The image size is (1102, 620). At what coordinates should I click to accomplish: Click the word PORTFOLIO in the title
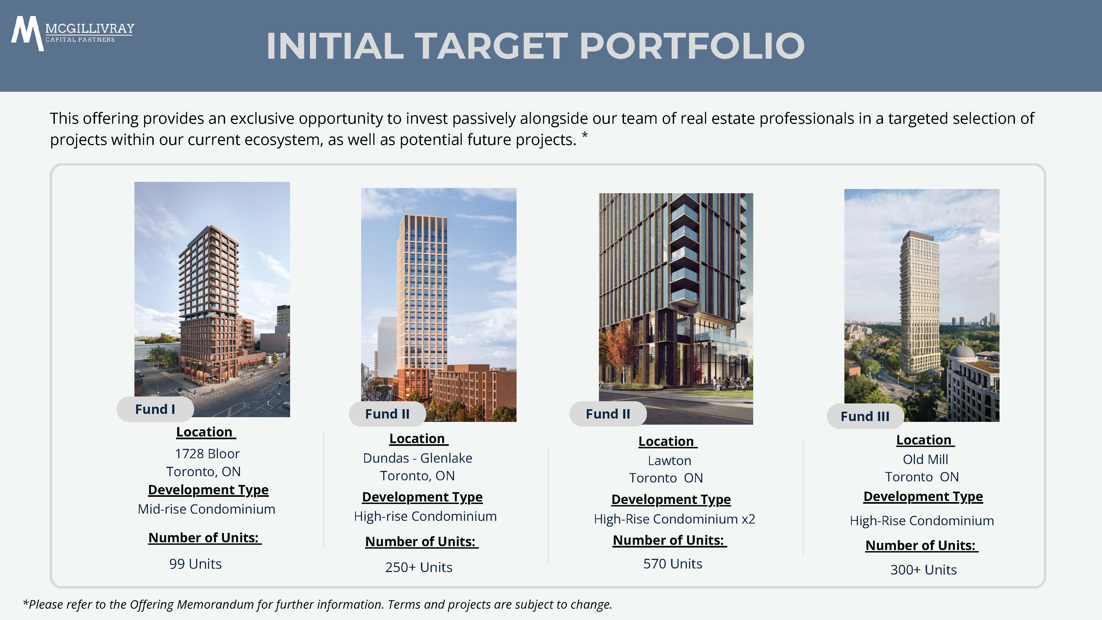(x=692, y=46)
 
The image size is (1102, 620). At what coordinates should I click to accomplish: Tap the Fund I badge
(x=155, y=409)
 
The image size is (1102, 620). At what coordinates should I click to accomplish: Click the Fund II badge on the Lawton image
(x=608, y=414)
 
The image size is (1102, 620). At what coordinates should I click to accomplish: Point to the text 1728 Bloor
(x=207, y=454)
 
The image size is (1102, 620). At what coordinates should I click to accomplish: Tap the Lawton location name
(x=669, y=461)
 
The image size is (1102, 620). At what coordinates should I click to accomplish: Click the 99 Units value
(x=196, y=564)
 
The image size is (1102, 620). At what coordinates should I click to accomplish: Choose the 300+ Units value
(x=923, y=570)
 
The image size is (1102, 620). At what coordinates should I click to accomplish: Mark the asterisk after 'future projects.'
(x=585, y=136)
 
